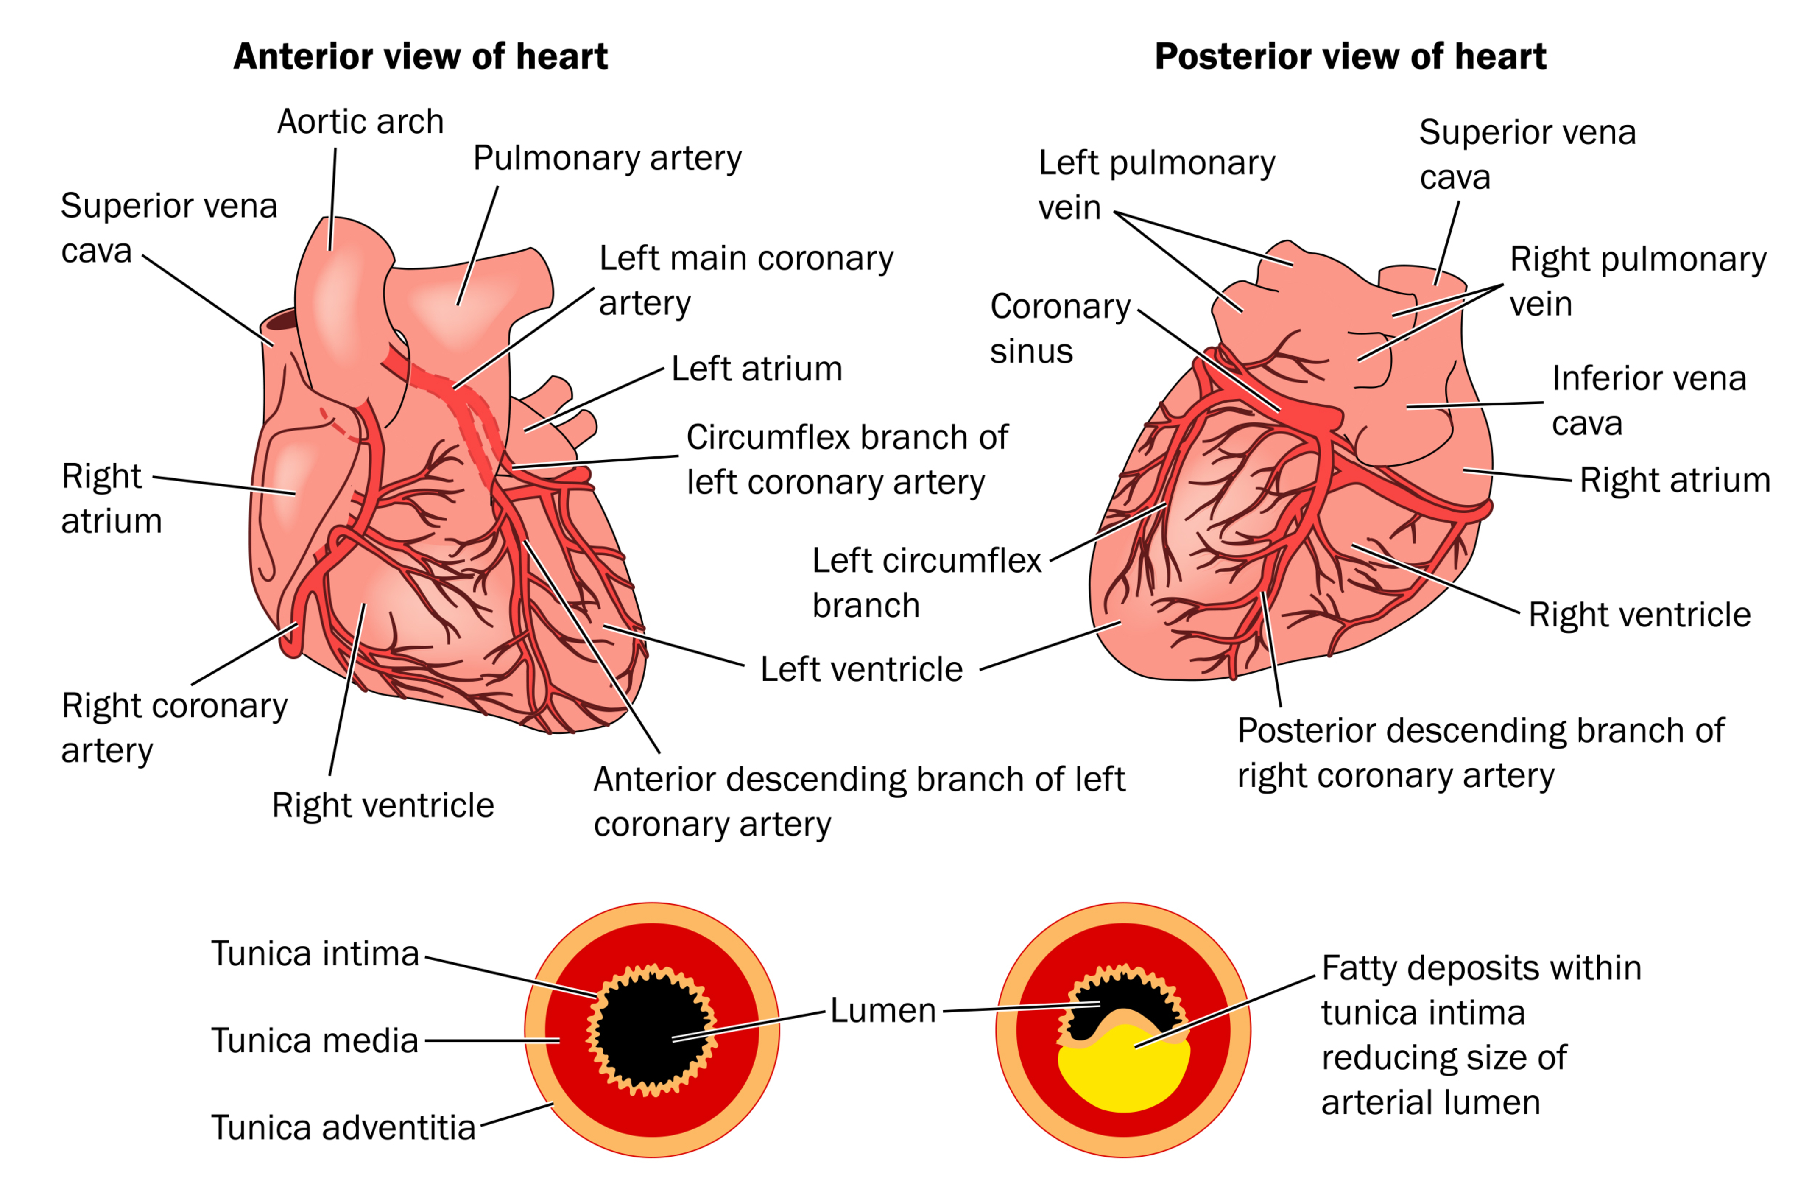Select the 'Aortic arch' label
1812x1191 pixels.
click(x=360, y=122)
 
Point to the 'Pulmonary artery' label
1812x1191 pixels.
click(x=607, y=158)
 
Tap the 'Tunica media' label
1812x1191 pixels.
click(x=314, y=1040)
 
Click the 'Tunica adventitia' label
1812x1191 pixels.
click(x=343, y=1128)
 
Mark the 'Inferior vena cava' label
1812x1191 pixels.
click(x=1648, y=400)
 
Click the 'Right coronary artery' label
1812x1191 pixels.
click(x=174, y=728)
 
